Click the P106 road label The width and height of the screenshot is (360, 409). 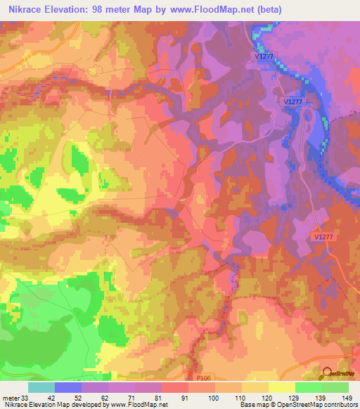coord(204,377)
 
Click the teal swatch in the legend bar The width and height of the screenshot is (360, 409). coord(41,387)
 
